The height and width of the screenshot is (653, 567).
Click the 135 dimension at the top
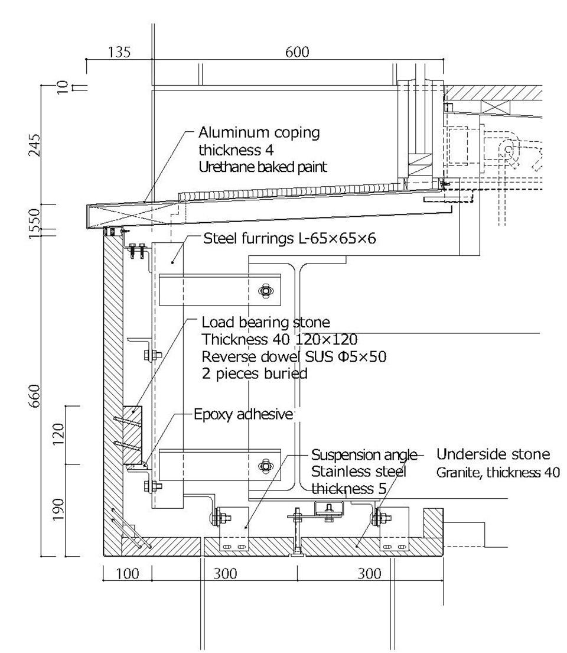[x=119, y=52]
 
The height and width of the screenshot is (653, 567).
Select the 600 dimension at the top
[x=297, y=52]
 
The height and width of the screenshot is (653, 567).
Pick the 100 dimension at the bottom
[x=128, y=573]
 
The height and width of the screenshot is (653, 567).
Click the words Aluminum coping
[x=259, y=132]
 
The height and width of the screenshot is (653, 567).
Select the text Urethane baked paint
[x=262, y=167]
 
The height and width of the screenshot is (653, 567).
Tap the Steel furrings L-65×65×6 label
[x=289, y=239]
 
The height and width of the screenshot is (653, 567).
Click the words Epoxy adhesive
[x=243, y=414]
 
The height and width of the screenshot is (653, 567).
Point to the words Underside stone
[x=493, y=454]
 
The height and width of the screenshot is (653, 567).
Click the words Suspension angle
[x=364, y=455]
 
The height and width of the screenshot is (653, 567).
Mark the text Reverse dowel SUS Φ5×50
[x=294, y=356]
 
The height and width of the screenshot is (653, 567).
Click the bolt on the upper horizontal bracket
[x=266, y=290]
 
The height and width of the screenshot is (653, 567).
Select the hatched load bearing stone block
[x=132, y=434]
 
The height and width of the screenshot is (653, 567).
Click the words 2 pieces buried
[x=255, y=373]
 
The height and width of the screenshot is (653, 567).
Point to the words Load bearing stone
[x=265, y=323]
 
